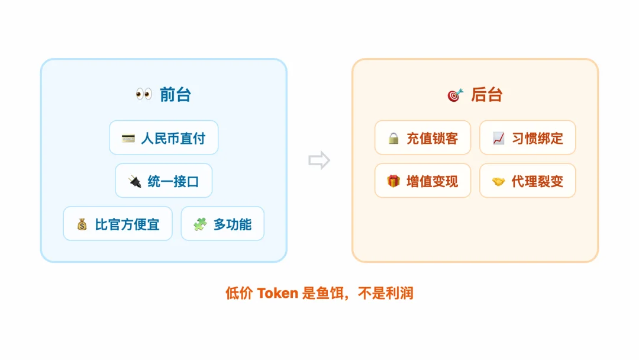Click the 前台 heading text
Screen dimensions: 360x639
175,95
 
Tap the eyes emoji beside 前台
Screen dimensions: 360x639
144,94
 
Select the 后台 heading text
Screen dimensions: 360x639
486,95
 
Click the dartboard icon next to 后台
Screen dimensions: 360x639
455,95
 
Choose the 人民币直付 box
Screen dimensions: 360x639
163,138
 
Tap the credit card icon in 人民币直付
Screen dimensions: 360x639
128,139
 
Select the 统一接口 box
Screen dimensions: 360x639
163,181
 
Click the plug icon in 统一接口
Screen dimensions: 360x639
134,182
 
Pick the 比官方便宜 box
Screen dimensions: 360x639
118,224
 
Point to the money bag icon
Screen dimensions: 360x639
82,224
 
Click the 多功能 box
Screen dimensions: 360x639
222,224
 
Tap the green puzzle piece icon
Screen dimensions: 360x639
200,224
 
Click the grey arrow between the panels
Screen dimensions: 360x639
319,160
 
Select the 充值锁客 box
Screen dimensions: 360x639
422,138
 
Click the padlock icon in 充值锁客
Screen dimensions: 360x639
393,139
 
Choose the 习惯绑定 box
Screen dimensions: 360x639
527,138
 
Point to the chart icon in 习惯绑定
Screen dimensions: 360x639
498,139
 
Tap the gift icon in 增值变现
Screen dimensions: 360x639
393,181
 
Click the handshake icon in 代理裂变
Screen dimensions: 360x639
498,182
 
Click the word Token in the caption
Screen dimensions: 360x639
277,293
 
